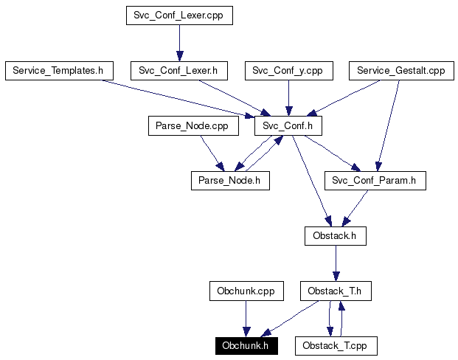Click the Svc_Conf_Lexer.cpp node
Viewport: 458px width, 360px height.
(x=179, y=15)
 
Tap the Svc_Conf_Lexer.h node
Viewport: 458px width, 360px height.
(x=178, y=71)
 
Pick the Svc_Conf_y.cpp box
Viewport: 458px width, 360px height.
(x=288, y=71)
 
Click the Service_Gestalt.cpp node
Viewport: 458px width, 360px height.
(x=400, y=71)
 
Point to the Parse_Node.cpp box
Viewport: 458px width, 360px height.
(x=192, y=126)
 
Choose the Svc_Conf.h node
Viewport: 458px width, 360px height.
(x=288, y=126)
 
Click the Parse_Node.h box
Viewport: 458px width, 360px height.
(x=229, y=181)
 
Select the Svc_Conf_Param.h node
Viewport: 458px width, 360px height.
(x=375, y=181)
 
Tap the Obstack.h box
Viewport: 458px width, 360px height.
(x=336, y=236)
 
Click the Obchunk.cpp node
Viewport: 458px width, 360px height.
(x=246, y=291)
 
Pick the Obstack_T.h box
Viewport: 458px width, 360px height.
(x=336, y=291)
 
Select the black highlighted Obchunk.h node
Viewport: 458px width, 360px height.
(x=246, y=345)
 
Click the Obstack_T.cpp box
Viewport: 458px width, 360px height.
(x=336, y=345)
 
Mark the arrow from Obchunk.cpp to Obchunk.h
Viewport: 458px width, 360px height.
(x=246, y=318)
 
